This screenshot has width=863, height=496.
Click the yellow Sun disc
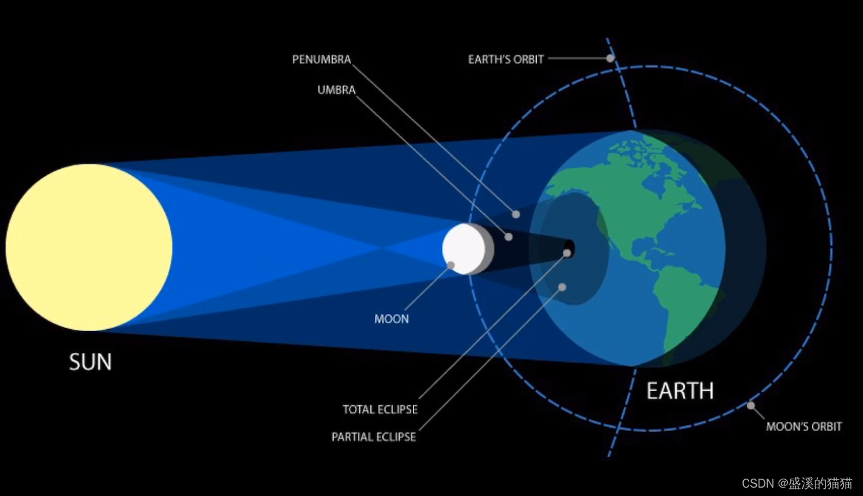pos(89,247)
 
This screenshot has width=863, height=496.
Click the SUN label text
pos(90,362)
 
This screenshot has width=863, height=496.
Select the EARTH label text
pos(680,391)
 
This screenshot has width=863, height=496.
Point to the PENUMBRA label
pos(321,59)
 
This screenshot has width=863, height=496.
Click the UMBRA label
pos(336,90)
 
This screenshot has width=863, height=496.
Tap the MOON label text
pos(392,319)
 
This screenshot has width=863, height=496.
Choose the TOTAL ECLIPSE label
pos(380,410)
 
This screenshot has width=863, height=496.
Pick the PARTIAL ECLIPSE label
pos(374,437)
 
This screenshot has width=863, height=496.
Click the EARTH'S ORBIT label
pos(506,59)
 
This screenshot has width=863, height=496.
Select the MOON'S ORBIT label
pos(804,426)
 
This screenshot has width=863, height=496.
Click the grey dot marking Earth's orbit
pos(610,58)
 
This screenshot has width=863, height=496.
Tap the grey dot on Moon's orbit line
pos(750,405)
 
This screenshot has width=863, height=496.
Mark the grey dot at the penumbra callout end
pos(516,214)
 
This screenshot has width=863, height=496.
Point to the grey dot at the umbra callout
pos(508,237)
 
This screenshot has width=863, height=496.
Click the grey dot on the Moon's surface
pos(451,265)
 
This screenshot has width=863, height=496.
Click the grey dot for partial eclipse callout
pos(562,287)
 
